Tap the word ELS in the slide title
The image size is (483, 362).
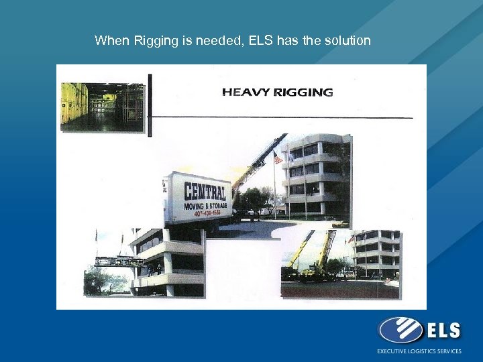pyautogui.click(x=261, y=41)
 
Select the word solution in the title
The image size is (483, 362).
pyautogui.click(x=345, y=41)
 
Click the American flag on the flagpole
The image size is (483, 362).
pyautogui.click(x=278, y=158)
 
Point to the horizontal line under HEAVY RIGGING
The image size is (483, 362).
pyautogui.click(x=282, y=117)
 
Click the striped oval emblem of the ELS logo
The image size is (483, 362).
pyautogui.click(x=400, y=330)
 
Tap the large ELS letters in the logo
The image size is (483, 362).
pyautogui.click(x=443, y=330)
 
